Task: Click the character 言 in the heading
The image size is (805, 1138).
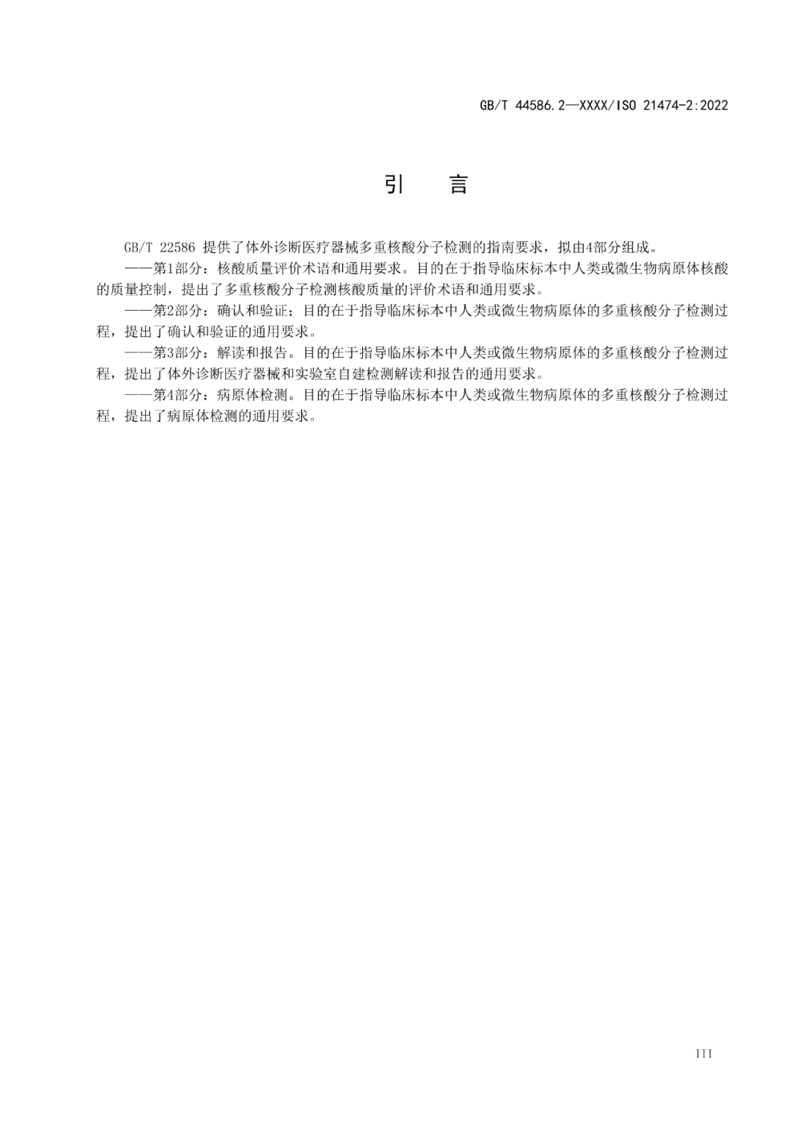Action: [458, 184]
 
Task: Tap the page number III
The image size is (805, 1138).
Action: [703, 1053]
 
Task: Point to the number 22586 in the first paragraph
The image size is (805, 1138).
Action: [177, 247]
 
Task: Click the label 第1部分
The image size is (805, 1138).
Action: [174, 268]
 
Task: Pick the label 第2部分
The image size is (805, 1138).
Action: [174, 311]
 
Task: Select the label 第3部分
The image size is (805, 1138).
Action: [174, 353]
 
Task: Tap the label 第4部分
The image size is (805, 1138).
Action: [174, 395]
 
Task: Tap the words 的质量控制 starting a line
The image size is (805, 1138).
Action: [128, 289]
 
